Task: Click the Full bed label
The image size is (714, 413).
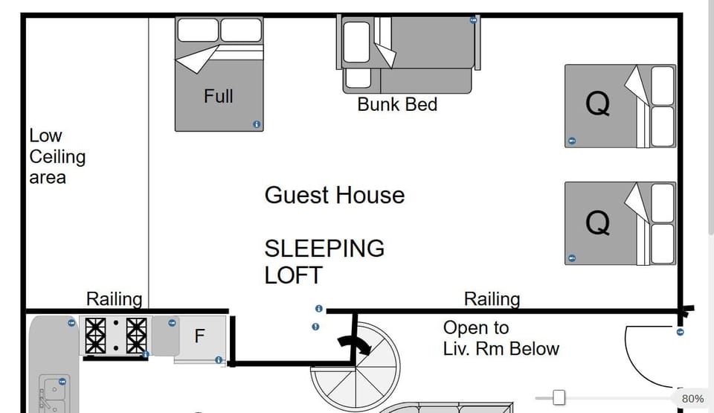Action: tap(218, 96)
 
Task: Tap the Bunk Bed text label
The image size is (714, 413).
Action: tap(397, 104)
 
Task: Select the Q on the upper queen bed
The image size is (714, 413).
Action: tap(598, 105)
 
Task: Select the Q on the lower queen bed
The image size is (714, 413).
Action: tap(598, 222)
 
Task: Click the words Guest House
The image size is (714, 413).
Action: tap(335, 196)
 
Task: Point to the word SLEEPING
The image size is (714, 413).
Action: tap(324, 248)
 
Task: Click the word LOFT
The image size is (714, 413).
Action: tap(293, 275)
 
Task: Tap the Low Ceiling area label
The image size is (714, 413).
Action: tap(57, 157)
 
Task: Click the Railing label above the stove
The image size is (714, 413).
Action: tap(114, 299)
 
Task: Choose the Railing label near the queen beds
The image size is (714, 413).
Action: tap(492, 299)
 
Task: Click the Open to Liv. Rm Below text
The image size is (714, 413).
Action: tap(501, 338)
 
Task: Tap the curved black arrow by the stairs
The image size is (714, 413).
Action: tap(353, 344)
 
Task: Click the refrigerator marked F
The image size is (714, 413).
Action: tap(199, 336)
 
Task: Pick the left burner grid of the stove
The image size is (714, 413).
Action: tap(96, 336)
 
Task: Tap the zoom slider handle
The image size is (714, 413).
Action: tap(559, 398)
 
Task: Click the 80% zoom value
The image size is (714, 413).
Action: tap(692, 399)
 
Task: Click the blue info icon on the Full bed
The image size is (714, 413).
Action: tap(257, 124)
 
